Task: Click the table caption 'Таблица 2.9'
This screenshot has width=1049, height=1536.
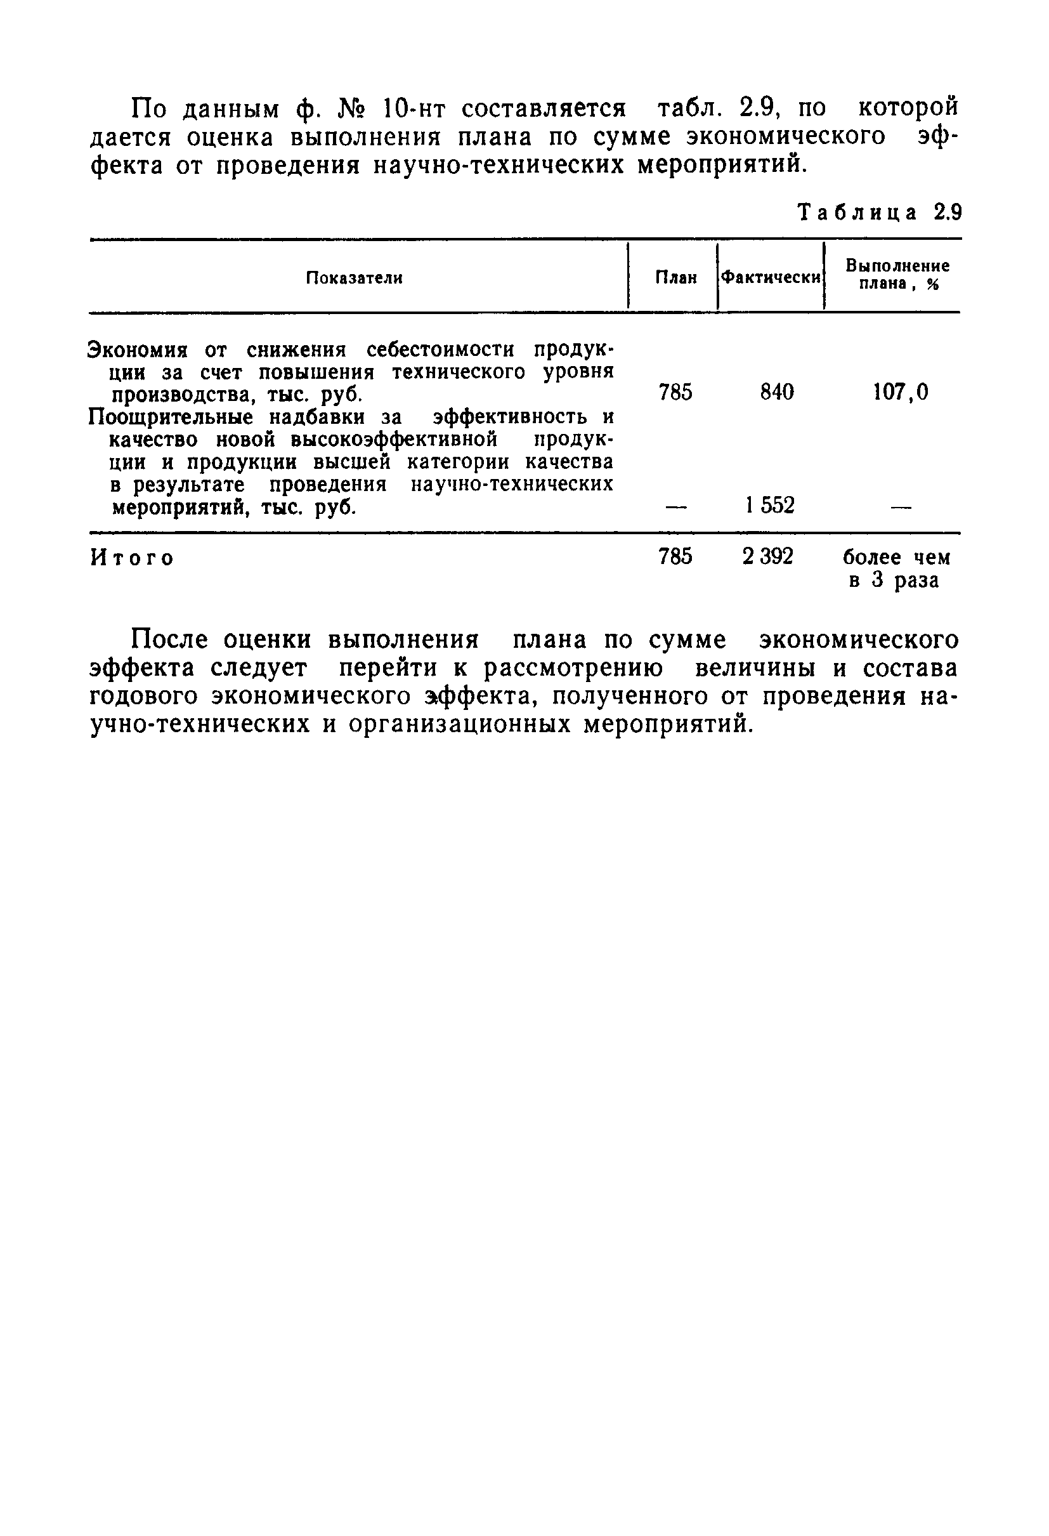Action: click(879, 213)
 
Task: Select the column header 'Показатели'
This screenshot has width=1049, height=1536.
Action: click(354, 278)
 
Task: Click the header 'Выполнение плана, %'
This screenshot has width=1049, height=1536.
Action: click(897, 274)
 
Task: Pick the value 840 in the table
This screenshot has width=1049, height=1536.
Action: click(777, 393)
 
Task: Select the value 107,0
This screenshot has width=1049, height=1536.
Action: click(901, 393)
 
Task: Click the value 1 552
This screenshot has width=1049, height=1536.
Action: click(769, 506)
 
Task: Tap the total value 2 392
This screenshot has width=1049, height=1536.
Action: click(767, 556)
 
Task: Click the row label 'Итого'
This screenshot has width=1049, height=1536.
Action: click(132, 558)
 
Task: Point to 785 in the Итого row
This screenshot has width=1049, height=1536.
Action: click(675, 556)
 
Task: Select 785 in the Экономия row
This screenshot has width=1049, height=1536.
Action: click(675, 393)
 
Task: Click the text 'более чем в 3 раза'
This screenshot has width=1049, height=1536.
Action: click(896, 568)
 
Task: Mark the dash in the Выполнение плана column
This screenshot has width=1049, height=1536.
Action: click(901, 507)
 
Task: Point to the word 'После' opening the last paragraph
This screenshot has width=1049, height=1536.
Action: click(170, 640)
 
